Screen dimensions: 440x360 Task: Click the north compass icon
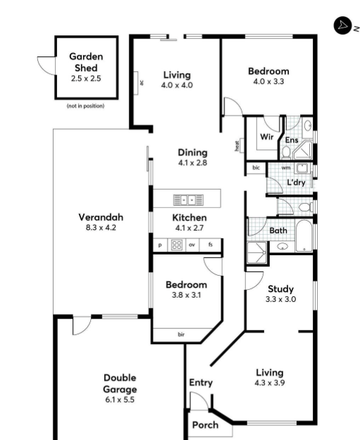click(342, 25)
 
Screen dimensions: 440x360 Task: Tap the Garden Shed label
click(86, 62)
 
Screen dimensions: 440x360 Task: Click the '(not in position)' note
click(85, 106)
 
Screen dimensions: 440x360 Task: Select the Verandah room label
click(101, 217)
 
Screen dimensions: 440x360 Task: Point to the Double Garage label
click(119, 383)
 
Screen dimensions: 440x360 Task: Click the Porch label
click(205, 424)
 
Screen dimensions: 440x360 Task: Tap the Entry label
click(201, 382)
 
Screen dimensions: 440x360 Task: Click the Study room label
click(280, 288)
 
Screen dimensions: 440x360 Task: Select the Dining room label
click(192, 152)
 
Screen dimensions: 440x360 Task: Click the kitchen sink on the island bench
click(187, 200)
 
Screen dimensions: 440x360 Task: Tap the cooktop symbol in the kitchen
click(177, 245)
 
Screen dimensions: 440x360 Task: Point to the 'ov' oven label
click(192, 245)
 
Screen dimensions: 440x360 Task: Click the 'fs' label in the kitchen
click(210, 245)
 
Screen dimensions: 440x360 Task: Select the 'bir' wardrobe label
click(181, 334)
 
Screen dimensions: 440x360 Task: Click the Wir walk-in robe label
click(267, 137)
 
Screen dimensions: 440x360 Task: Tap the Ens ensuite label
click(291, 140)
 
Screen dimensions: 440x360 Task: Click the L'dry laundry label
click(294, 183)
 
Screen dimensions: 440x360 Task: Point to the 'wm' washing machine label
click(286, 168)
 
